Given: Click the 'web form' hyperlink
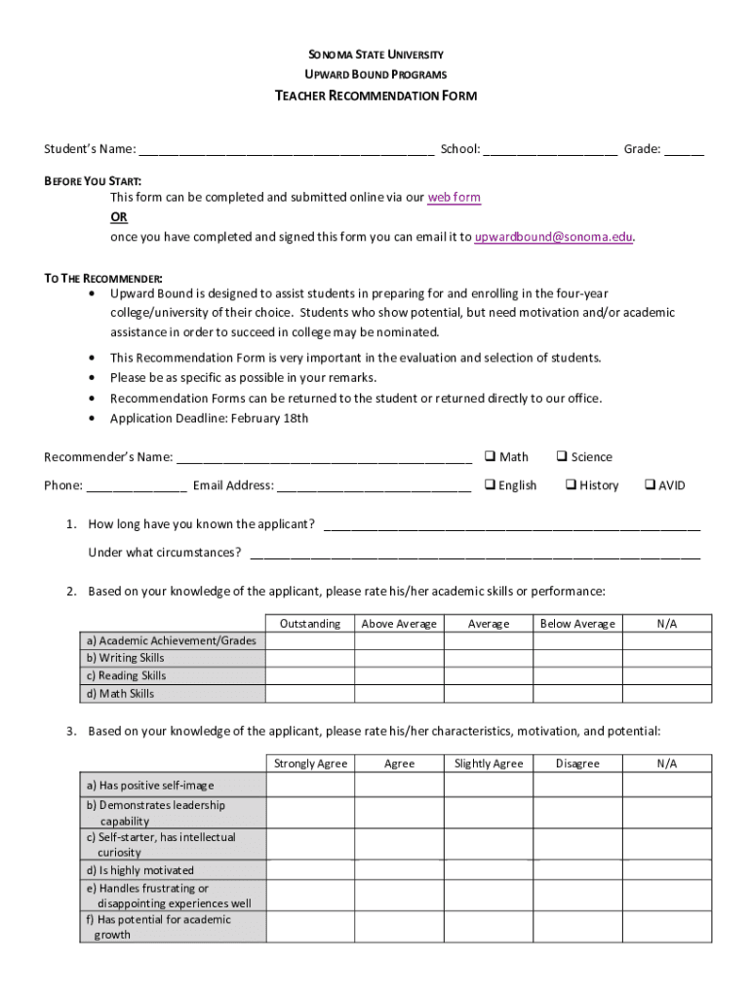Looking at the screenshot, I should (x=454, y=198).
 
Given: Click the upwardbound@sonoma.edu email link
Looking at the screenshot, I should (x=553, y=237).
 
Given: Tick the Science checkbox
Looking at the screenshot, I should (x=562, y=456).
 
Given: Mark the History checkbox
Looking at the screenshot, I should (x=571, y=484).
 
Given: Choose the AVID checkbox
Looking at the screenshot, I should (x=650, y=484).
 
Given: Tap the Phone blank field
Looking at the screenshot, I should (x=137, y=486).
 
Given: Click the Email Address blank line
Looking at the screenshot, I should (x=374, y=486).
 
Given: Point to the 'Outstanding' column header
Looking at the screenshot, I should (x=310, y=624).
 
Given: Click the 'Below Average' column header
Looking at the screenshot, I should (x=577, y=624).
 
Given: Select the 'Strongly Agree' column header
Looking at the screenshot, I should (x=310, y=764).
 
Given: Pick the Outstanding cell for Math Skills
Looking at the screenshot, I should (x=310, y=694).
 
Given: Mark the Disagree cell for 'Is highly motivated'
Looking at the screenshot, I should (x=577, y=870).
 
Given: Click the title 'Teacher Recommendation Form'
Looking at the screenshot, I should (x=375, y=96).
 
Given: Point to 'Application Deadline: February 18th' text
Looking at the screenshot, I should (x=209, y=419).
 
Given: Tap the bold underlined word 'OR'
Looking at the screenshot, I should (x=118, y=217).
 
